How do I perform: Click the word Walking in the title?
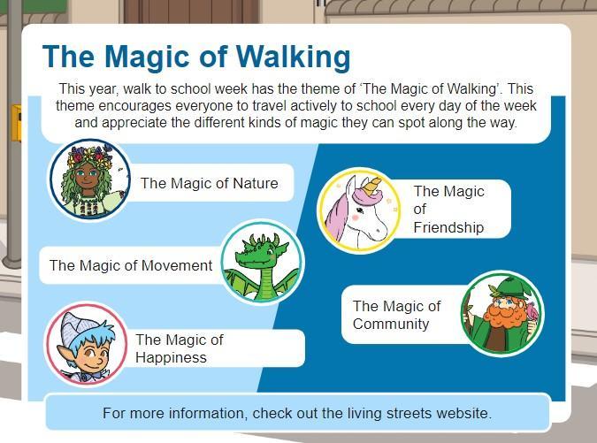293,57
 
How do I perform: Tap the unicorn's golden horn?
371,186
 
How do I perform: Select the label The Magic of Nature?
209,183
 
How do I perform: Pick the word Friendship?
448,227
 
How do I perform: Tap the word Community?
391,324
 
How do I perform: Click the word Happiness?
171,357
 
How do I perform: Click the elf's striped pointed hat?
77,328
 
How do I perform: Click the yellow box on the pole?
16,123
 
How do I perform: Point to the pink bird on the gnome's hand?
532,312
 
